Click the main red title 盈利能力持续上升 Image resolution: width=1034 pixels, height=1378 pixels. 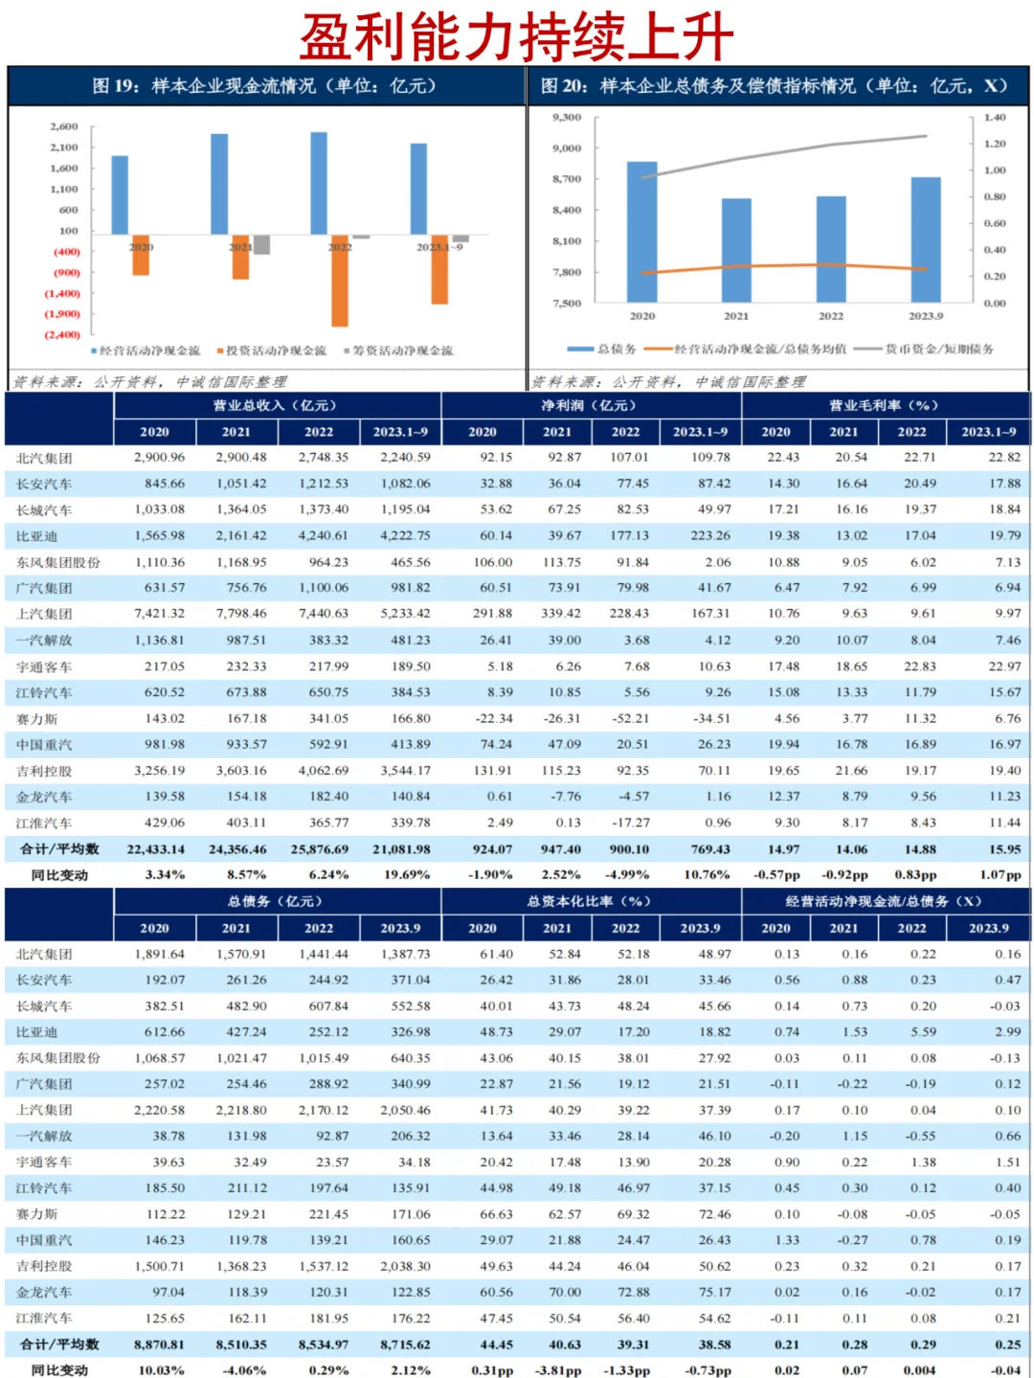coord(516,36)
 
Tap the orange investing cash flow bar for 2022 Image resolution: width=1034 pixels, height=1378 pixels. coord(340,280)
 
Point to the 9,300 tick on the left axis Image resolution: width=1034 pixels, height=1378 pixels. coord(567,117)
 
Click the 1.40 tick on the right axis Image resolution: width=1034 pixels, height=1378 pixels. coord(995,117)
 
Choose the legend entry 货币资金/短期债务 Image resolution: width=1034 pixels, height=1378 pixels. coord(938,349)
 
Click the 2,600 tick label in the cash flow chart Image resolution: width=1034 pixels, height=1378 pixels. coord(64,126)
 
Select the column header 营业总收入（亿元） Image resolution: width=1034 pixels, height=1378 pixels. coord(276,405)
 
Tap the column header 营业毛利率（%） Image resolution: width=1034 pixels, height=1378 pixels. coord(884,405)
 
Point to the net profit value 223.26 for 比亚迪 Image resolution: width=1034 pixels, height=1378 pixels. coord(709,535)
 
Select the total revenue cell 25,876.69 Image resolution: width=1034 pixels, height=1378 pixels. coord(320,848)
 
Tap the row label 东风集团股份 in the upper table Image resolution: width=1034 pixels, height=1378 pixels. coord(58,562)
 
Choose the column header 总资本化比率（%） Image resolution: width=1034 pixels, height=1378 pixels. coord(590,901)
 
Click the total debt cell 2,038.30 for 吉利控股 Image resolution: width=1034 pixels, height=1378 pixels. coord(406,1266)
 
